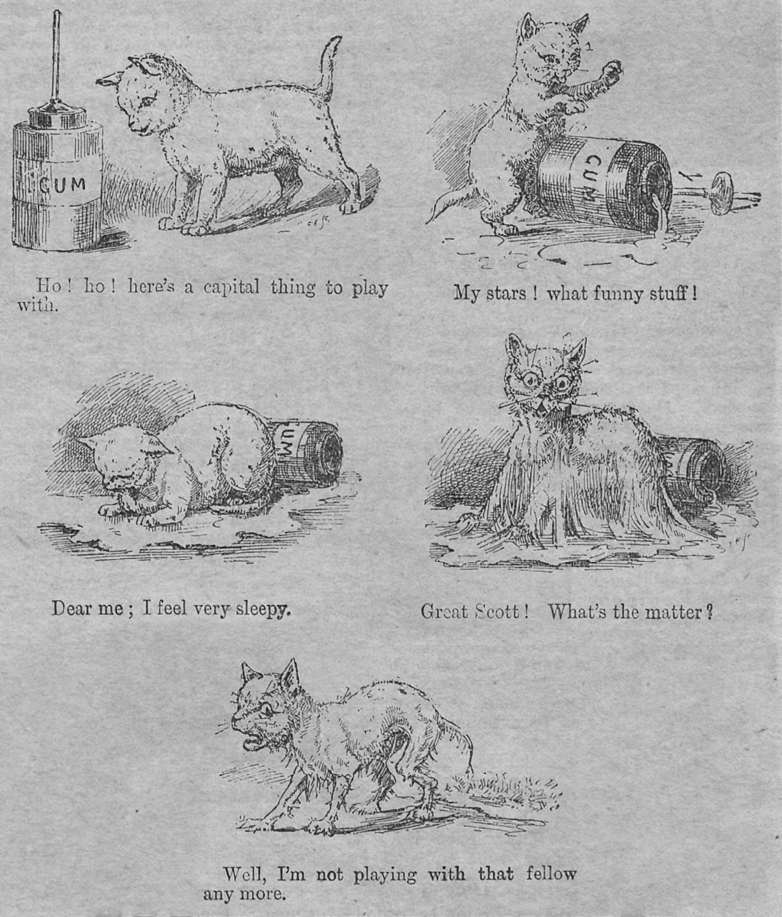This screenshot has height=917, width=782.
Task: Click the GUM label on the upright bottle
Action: (x=62, y=184)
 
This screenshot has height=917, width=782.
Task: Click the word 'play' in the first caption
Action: (x=370, y=288)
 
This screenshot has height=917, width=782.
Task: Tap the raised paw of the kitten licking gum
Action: (x=609, y=71)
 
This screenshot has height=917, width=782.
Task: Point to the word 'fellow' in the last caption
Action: (x=550, y=873)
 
